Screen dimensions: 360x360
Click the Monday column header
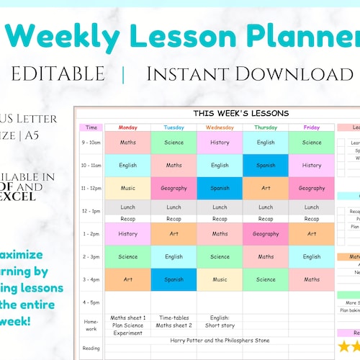[127, 127]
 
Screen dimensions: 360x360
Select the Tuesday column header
[174, 127]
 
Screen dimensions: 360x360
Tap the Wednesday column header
[220, 127]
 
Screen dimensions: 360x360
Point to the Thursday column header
[266, 127]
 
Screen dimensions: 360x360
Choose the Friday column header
[312, 127]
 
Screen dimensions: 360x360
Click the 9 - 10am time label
[91, 143]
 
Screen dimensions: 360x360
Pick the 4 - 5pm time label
[91, 302]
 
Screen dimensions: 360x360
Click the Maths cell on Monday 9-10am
[127, 143]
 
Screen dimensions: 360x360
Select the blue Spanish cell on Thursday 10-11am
[266, 166]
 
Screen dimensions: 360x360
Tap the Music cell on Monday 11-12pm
[127, 188]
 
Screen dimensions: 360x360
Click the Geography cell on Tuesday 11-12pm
[174, 188]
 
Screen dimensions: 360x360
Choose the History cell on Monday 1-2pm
[127, 233]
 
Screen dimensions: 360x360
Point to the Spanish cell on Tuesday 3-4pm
[174, 279]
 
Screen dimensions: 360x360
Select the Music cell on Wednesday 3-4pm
[220, 279]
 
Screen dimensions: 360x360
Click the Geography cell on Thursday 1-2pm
[266, 233]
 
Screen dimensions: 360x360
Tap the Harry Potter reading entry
[220, 340]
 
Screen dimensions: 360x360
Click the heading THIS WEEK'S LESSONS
[240, 113]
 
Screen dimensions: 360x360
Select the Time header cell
[91, 127]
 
